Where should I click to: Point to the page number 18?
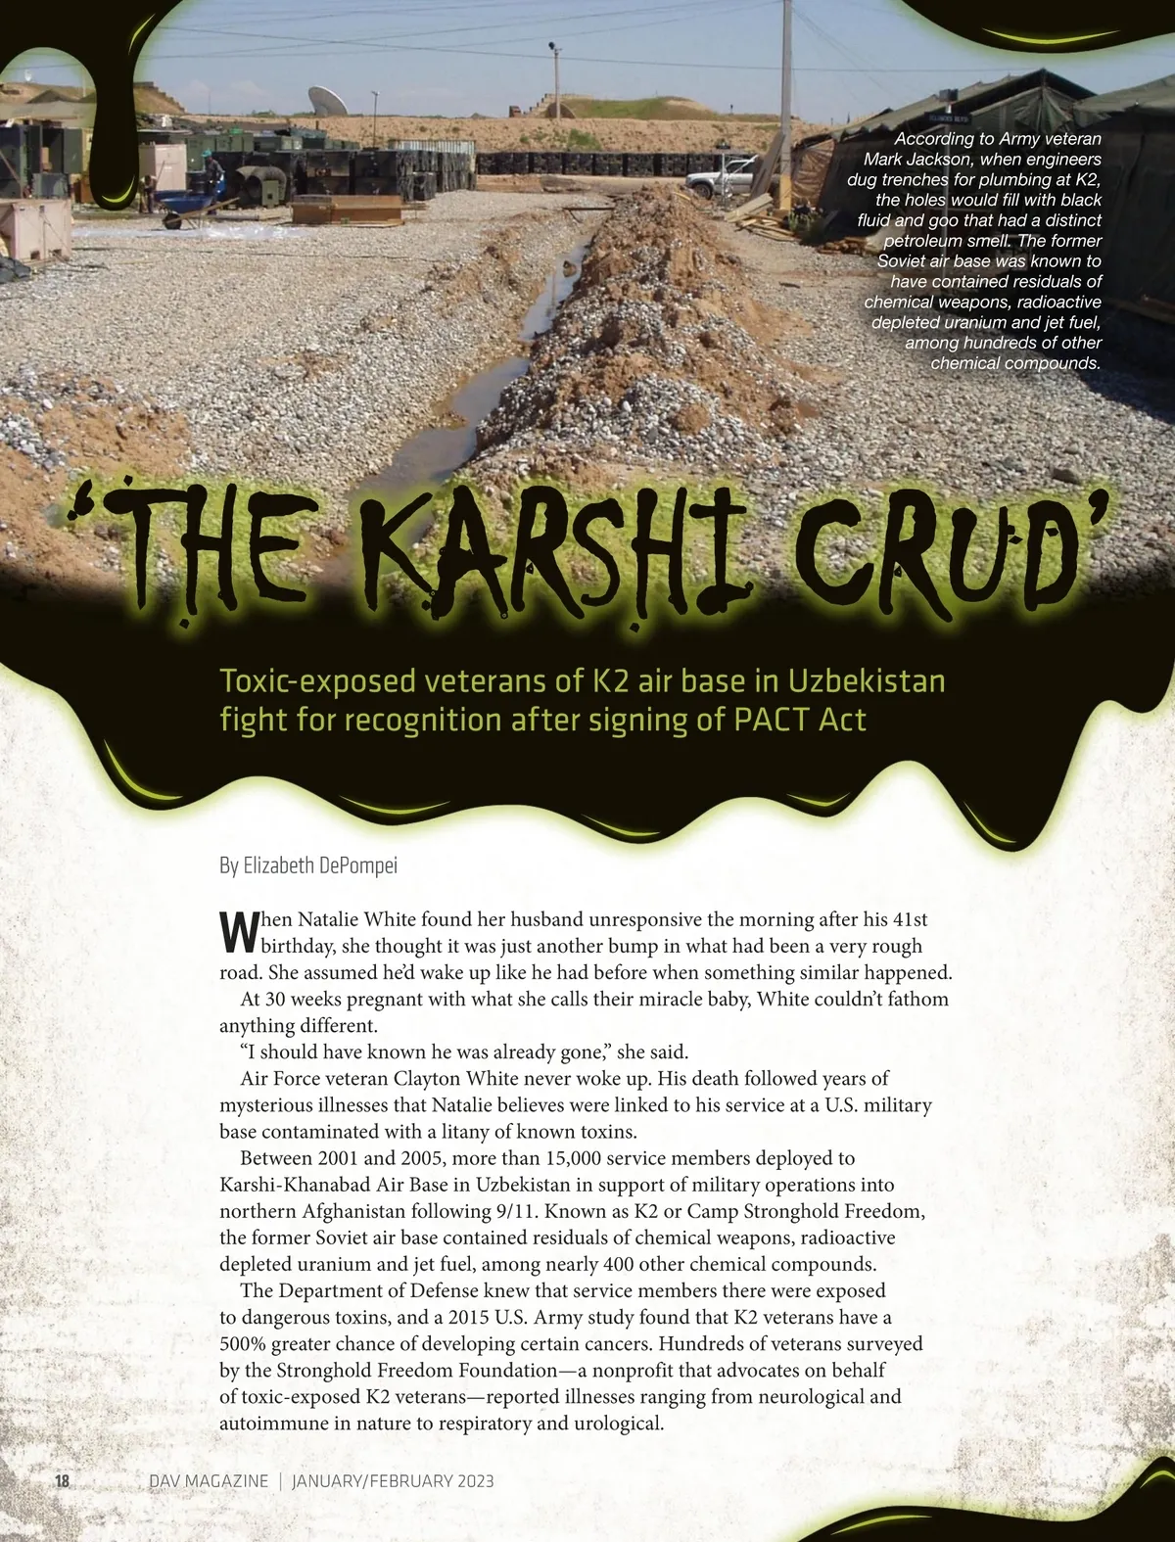(61, 1480)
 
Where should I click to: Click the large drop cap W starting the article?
(237, 932)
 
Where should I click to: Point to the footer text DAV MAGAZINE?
(208, 1480)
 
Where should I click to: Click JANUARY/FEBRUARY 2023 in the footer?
(393, 1480)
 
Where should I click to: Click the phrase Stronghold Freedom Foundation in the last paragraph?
(409, 1370)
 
